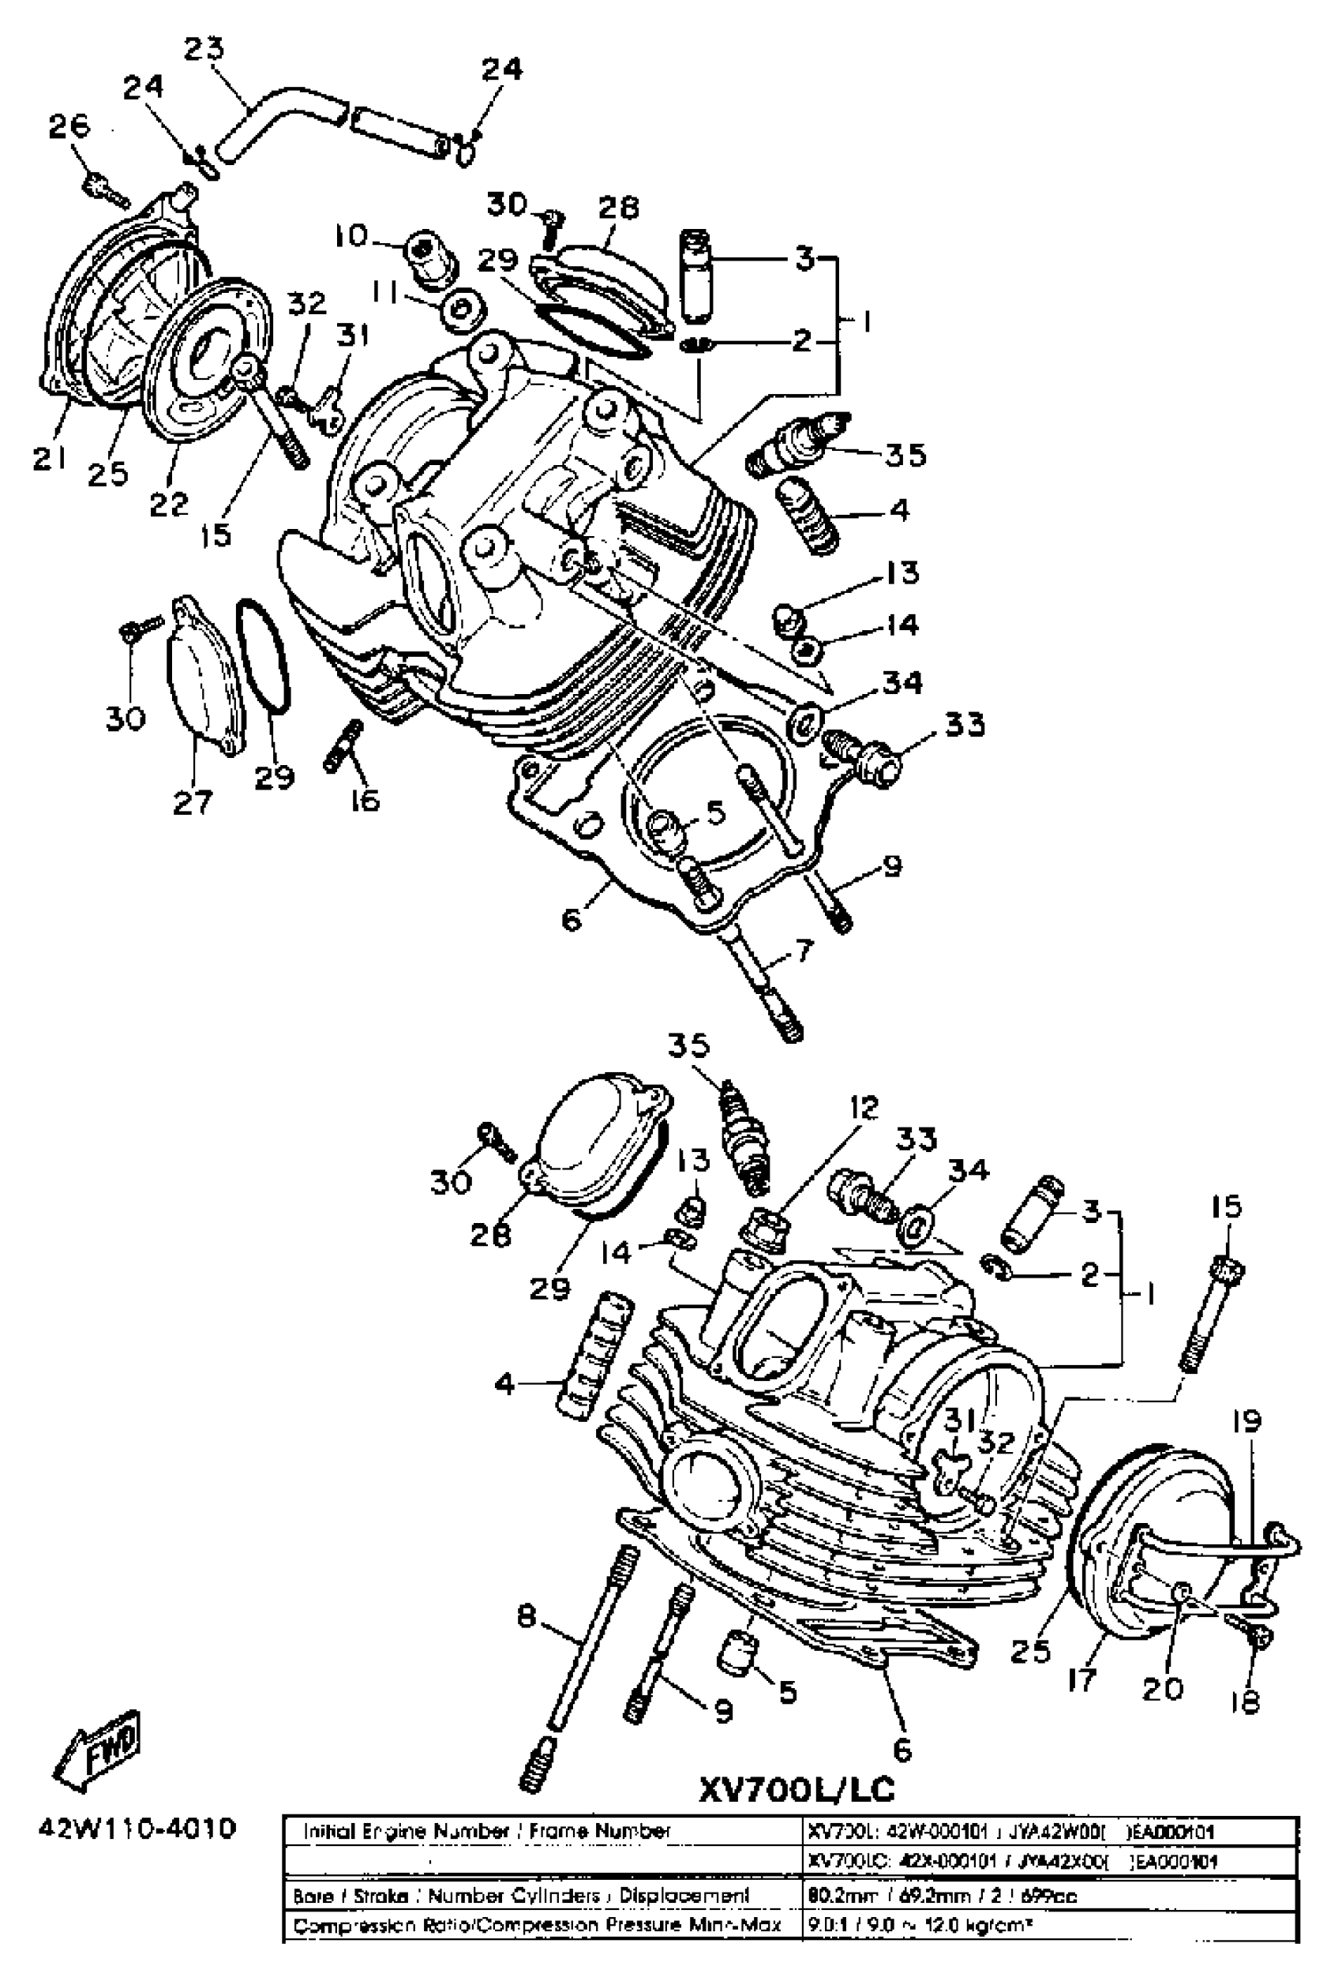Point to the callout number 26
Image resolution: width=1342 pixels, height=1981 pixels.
coord(68,127)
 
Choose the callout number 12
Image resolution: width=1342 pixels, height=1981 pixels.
coord(861,1107)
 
